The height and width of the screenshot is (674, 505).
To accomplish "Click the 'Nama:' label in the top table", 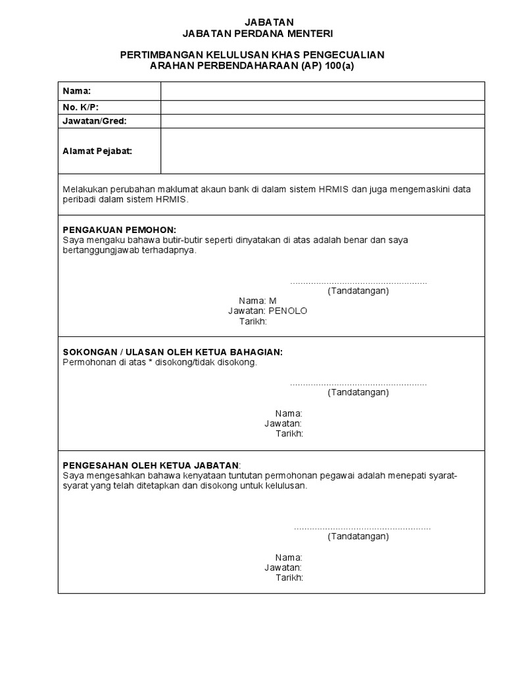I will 76,91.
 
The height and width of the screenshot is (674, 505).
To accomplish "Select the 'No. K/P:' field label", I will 80,107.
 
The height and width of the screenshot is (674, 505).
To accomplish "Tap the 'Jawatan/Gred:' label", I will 94,121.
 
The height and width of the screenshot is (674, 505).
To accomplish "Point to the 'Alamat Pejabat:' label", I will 97,151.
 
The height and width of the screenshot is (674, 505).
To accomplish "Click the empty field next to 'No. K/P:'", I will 322,107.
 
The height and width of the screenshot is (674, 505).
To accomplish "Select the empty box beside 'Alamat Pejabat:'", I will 322,151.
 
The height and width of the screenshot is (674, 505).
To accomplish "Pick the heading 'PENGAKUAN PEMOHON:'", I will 119,230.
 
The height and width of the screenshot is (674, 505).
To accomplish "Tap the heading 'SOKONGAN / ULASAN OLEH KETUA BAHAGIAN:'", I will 172,352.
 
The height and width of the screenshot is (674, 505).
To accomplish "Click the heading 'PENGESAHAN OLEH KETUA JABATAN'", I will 151,465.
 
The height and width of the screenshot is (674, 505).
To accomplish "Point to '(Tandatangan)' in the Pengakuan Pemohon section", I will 358,291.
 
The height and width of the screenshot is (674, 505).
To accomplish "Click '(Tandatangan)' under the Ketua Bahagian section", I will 358,392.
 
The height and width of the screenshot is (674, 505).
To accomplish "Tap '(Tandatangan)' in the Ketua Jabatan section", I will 358,536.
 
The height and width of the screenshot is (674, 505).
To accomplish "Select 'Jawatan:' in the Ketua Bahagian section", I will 283,423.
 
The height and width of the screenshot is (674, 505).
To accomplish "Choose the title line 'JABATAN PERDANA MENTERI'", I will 252,34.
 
